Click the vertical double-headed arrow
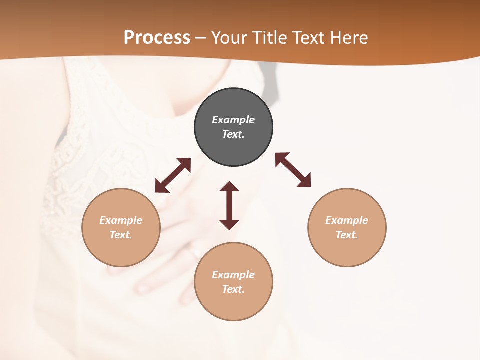229,206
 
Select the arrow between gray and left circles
173,175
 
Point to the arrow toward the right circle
293,170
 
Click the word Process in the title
157,37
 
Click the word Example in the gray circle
233,120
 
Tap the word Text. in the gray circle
233,134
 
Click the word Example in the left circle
121,220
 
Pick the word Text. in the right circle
347,235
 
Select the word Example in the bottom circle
233,275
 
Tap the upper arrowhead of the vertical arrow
229,187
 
